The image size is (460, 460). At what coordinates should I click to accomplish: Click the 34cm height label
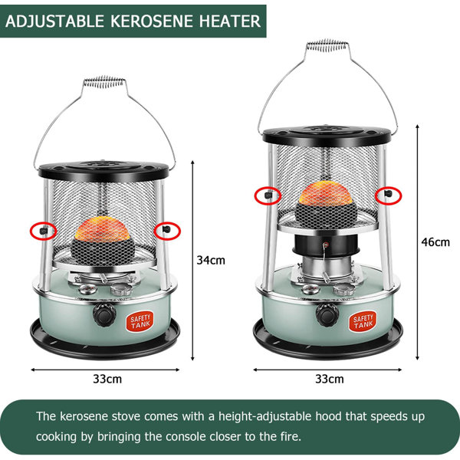coord(211,260)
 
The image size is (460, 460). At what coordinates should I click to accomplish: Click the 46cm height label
coord(435,242)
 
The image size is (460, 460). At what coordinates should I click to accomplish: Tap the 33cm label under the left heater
coord(107,379)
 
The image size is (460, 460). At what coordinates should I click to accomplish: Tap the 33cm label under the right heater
coord(330,379)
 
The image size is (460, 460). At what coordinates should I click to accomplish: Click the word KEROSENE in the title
coord(151,21)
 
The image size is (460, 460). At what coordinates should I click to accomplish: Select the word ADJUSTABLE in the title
coord(55,21)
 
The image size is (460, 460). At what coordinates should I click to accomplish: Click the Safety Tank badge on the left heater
coord(140,321)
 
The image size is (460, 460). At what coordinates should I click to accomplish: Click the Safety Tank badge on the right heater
coord(363,321)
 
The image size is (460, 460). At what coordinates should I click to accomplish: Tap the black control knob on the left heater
coord(104,314)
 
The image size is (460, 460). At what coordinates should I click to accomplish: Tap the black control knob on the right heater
coord(327,314)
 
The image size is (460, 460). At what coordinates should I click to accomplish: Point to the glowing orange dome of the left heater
coord(103,228)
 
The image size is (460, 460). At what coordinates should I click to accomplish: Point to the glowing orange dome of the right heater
coord(326,192)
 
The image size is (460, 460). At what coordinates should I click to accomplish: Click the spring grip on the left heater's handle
coord(103,81)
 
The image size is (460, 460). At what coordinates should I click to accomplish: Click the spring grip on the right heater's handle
coord(327,45)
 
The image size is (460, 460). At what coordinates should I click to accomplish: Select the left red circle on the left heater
coord(44,231)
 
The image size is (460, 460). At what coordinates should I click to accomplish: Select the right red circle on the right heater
coord(389,195)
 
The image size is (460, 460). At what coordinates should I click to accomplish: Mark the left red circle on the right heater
coord(268,195)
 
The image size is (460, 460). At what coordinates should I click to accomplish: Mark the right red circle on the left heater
coord(167,231)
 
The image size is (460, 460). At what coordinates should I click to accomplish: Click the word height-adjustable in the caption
coord(265,416)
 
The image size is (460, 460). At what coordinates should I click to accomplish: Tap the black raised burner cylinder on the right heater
coord(326,244)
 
